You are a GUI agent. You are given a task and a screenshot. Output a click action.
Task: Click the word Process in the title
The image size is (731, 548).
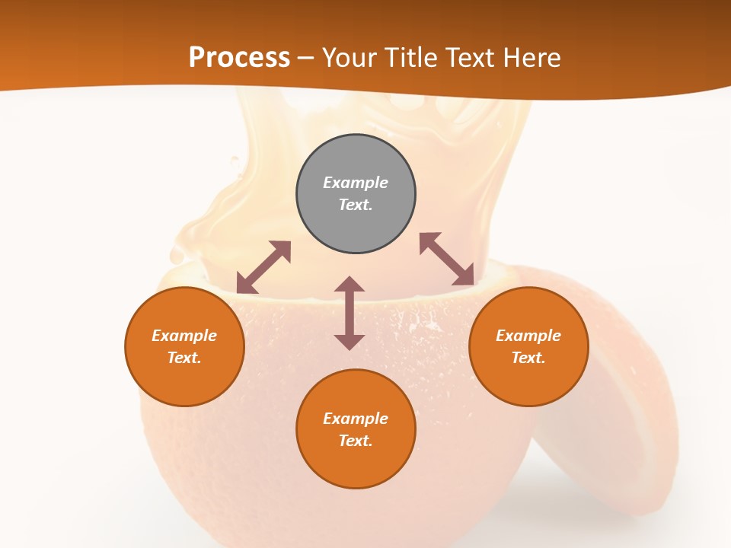click(239, 58)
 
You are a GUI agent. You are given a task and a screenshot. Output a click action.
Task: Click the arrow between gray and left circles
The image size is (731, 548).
click(263, 267)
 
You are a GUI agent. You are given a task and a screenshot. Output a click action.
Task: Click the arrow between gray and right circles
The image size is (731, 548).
click(447, 259)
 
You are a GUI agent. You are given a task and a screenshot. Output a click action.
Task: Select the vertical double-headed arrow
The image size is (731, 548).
click(350, 313)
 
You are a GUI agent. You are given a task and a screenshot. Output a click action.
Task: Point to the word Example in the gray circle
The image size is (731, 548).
click(356, 183)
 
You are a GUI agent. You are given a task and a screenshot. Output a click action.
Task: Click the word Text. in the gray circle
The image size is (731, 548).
click(356, 205)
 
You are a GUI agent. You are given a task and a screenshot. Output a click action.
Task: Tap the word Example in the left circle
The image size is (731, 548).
click(184, 336)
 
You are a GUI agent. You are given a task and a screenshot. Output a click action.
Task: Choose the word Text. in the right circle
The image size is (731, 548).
click(528, 358)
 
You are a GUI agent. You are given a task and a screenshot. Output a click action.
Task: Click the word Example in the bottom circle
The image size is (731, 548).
click(356, 419)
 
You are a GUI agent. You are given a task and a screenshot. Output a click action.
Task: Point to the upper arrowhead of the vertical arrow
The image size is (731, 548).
click(350, 285)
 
